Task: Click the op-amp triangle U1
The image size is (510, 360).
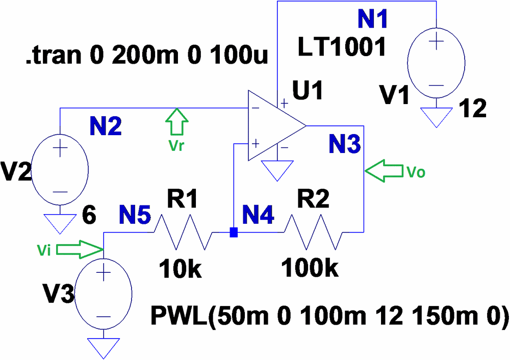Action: (273, 125)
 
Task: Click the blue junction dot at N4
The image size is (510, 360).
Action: (234, 233)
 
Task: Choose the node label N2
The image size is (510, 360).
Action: (106, 126)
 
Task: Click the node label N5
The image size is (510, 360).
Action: (135, 216)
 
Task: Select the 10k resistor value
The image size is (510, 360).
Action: (180, 268)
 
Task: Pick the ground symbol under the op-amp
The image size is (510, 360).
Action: (277, 170)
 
